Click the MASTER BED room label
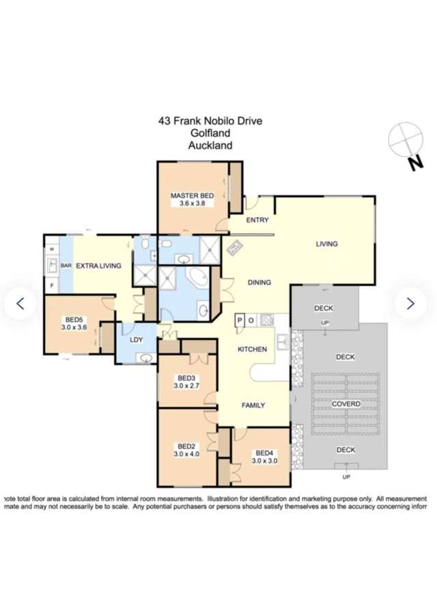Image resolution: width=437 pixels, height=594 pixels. click(192, 196)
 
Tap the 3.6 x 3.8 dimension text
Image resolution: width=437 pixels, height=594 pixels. click(192, 203)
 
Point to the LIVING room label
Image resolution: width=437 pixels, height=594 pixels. click(326, 244)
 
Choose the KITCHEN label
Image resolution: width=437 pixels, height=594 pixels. click(251, 350)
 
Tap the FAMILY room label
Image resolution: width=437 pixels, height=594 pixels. click(253, 405)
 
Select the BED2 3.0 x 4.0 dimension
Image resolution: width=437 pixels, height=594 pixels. click(186, 453)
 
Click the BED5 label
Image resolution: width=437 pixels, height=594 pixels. click(74, 320)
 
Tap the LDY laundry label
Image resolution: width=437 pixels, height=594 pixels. click(136, 339)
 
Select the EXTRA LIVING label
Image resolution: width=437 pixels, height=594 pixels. click(98, 266)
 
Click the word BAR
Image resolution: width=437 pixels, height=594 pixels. click(66, 266)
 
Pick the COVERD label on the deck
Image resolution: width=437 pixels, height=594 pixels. click(346, 404)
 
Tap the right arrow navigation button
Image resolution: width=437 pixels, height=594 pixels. click(410, 304)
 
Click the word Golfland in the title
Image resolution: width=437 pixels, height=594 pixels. click(210, 134)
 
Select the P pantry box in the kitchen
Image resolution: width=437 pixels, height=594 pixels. click(240, 320)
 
